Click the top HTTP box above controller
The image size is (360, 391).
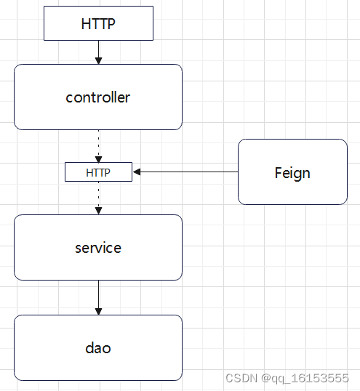click(x=98, y=24)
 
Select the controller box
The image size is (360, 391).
click(x=98, y=97)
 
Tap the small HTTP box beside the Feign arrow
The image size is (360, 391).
click(x=98, y=172)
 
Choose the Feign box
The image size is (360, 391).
click(x=292, y=172)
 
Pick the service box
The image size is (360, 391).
click(x=98, y=247)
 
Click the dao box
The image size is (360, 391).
click(x=98, y=347)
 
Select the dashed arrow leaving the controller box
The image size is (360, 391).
click(x=98, y=142)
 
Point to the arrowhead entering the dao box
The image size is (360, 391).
click(x=98, y=310)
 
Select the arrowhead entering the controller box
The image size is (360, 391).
click(x=98, y=60)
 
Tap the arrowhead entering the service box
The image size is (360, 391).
click(x=98, y=210)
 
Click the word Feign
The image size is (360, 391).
click(x=292, y=172)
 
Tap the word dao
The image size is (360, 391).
click(x=98, y=347)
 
